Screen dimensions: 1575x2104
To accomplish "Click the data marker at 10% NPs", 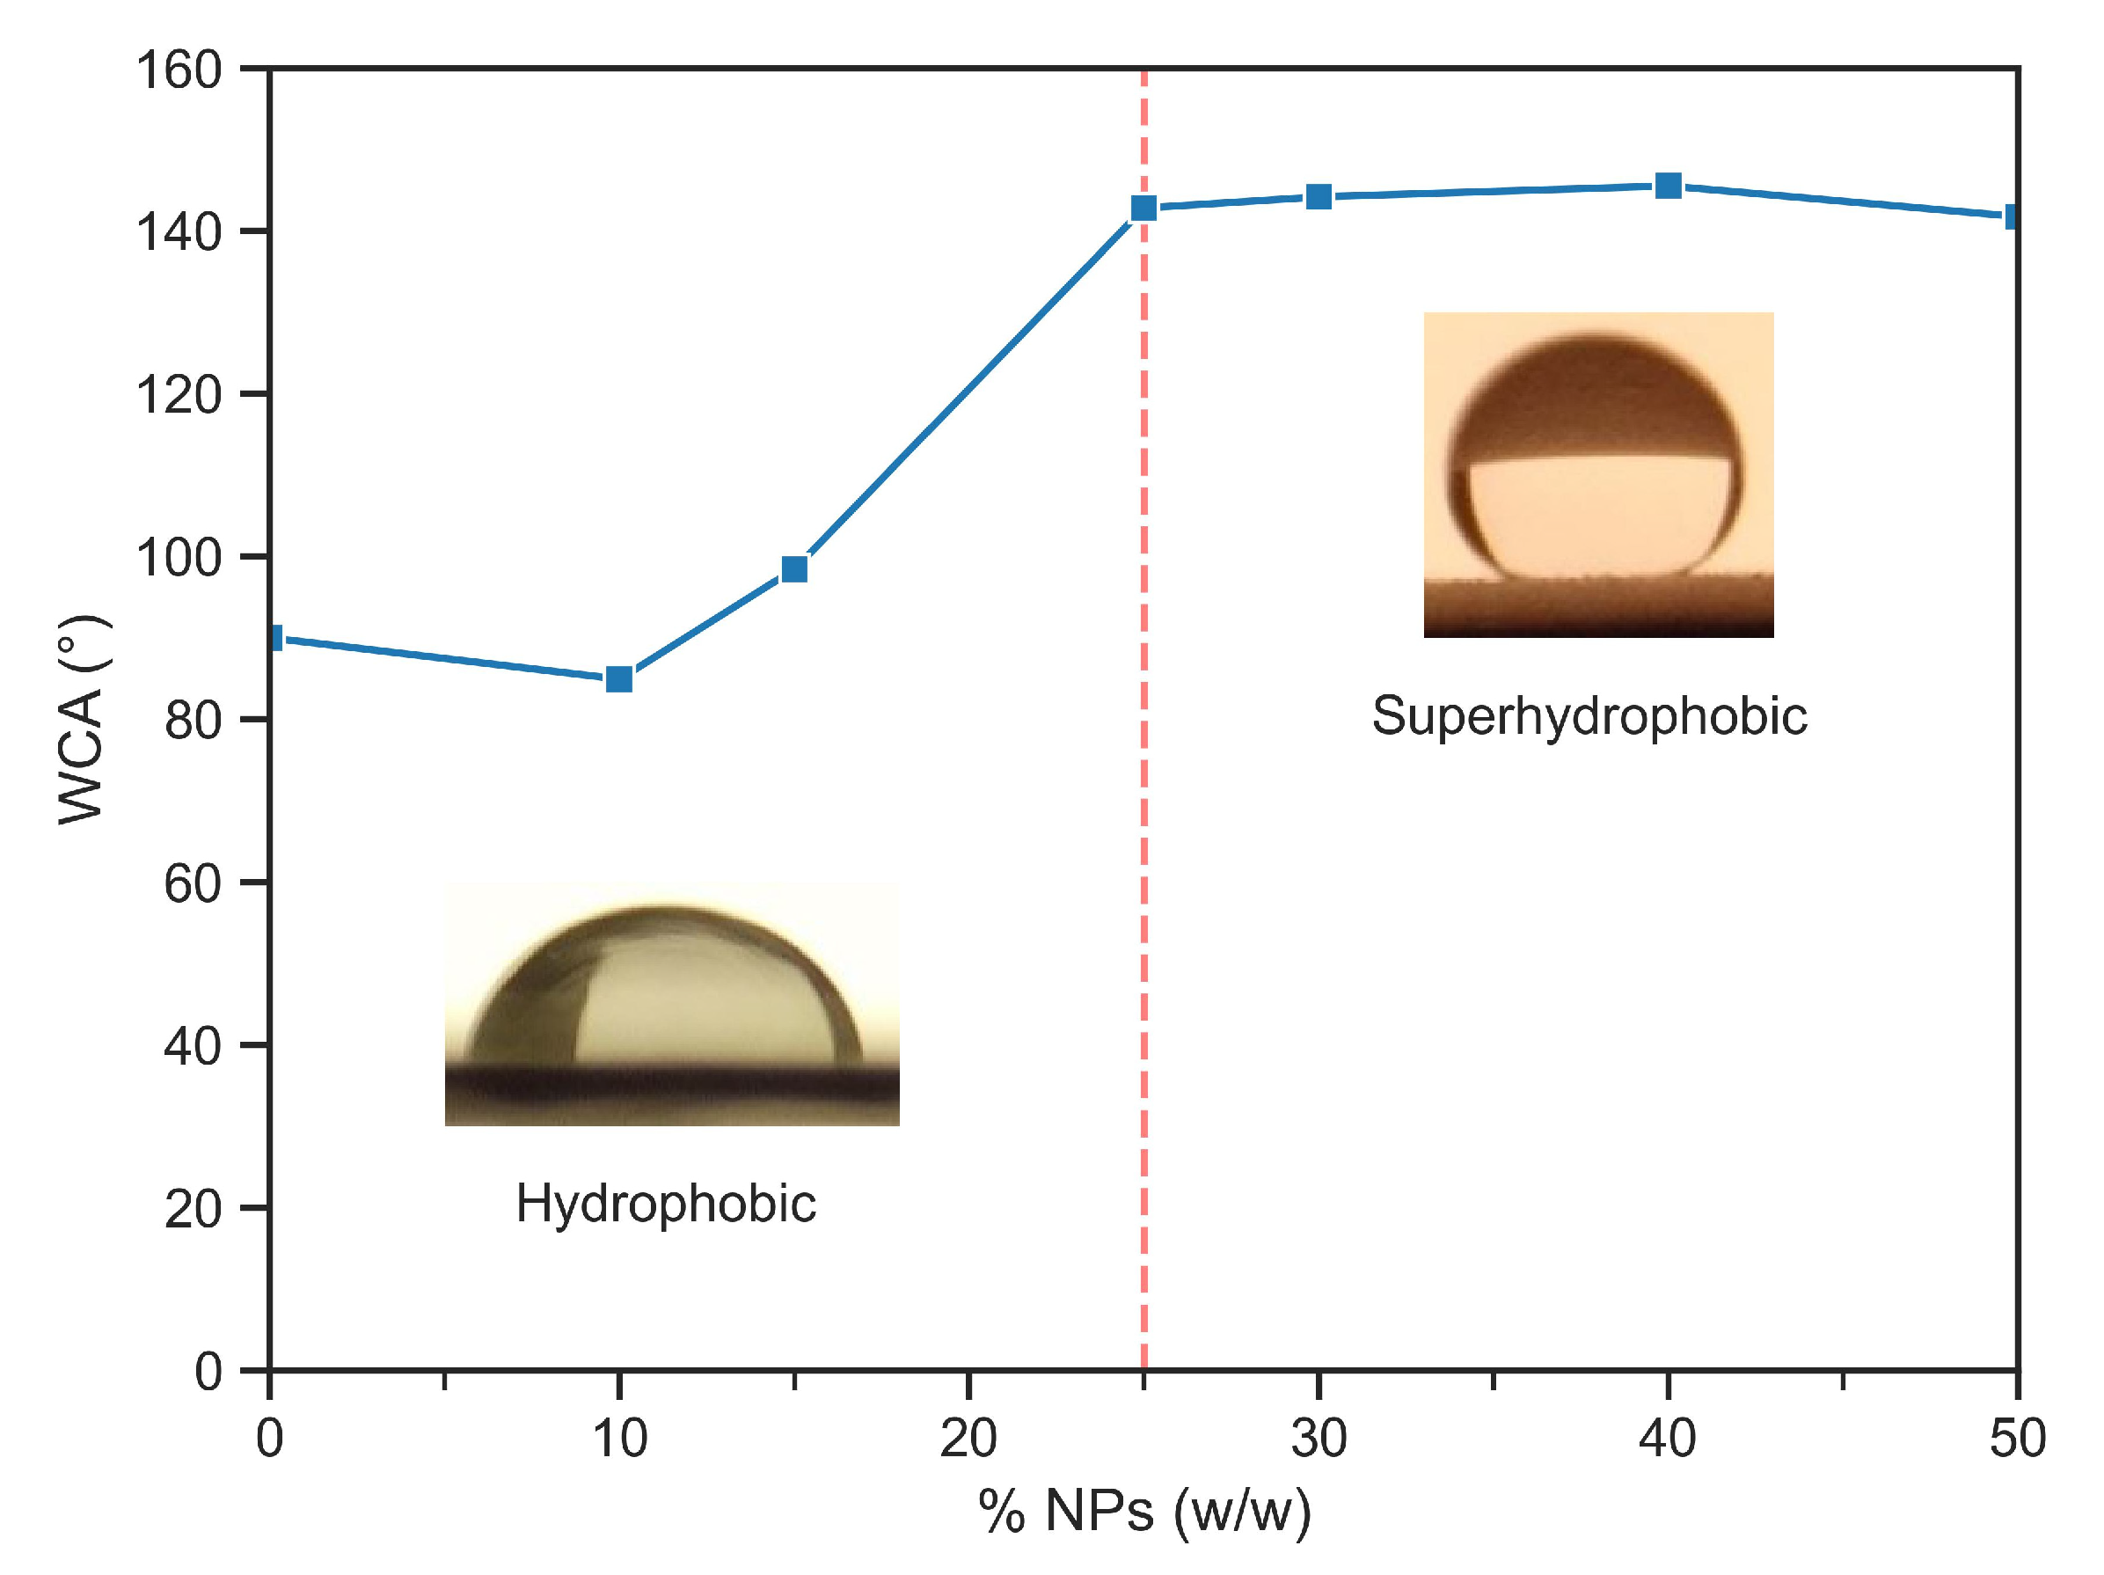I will [x=619, y=678].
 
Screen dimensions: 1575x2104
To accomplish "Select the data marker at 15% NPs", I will [x=794, y=568].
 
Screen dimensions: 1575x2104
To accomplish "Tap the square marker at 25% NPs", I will [x=1143, y=208].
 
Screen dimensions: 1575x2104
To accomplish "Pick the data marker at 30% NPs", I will [x=1319, y=197].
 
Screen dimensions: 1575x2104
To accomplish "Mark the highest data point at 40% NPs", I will [x=1669, y=186].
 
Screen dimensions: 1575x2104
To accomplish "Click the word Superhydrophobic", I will [x=1589, y=715].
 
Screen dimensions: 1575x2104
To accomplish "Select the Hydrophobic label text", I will [x=666, y=1204].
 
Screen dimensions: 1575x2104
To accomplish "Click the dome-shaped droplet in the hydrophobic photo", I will [x=666, y=990].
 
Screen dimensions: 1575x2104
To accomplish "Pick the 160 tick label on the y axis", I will [x=179, y=70].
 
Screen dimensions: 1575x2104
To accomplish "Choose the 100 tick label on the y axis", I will [x=179, y=558].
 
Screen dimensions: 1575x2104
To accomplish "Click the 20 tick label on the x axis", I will [x=968, y=1438].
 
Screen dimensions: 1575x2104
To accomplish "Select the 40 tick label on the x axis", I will [x=1668, y=1438].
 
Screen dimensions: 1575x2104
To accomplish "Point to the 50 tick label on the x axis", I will [x=2017, y=1438].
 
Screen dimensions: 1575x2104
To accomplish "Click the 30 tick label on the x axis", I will [x=1319, y=1438].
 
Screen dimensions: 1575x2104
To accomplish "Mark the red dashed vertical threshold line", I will [x=1143, y=856].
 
